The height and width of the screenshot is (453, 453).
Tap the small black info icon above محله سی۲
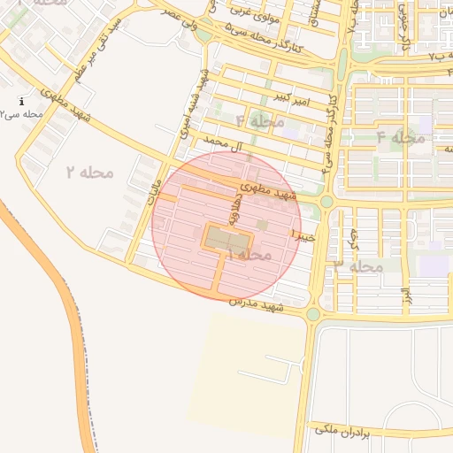(22, 102)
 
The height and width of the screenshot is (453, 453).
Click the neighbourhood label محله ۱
(250, 255)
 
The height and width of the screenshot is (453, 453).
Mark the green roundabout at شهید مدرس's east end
(312, 314)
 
